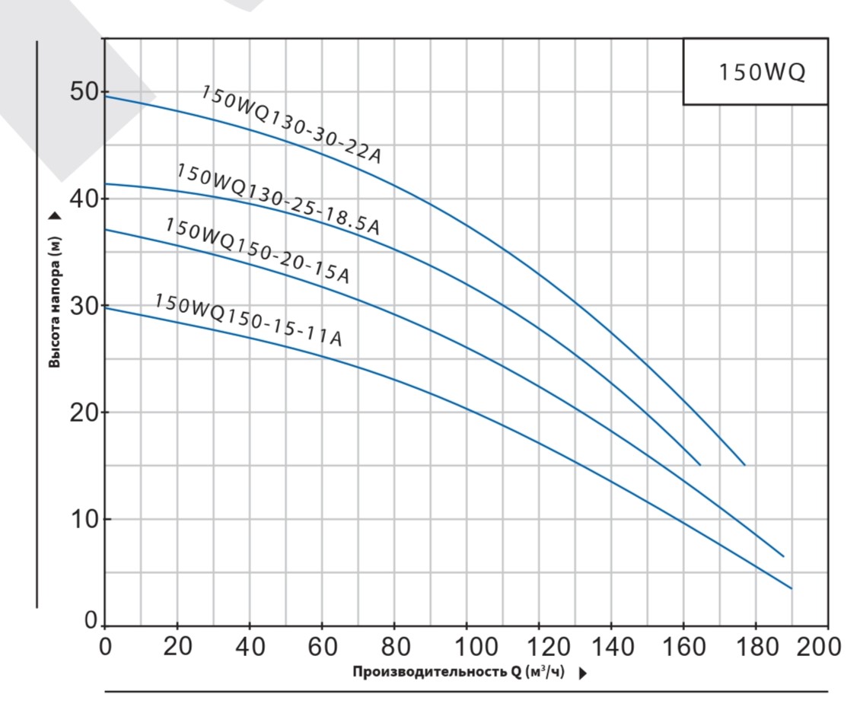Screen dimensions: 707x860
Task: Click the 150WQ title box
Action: click(x=755, y=72)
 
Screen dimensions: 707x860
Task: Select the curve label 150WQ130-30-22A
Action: click(x=290, y=124)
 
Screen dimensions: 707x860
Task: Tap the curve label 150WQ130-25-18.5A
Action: click(x=278, y=199)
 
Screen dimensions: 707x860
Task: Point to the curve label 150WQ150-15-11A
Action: click(x=248, y=320)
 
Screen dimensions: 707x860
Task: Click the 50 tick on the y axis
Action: click(x=84, y=92)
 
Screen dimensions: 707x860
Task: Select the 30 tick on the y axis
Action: click(x=84, y=306)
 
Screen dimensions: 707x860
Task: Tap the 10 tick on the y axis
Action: click(x=84, y=519)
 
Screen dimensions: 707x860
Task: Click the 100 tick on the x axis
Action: click(x=466, y=648)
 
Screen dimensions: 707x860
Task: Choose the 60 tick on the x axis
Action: click(x=322, y=648)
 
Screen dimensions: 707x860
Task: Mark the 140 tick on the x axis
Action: click(x=611, y=648)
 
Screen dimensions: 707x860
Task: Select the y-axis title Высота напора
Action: click(x=55, y=301)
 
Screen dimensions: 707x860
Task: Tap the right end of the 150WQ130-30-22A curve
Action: click(x=744, y=464)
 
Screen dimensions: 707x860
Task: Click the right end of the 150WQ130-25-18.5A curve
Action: click(x=699, y=464)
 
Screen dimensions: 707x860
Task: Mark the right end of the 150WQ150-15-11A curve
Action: click(x=791, y=588)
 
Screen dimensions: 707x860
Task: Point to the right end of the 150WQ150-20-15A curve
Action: click(x=782, y=556)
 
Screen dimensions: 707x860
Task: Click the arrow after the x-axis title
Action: click(x=583, y=674)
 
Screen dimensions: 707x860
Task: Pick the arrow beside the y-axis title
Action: click(x=55, y=216)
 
